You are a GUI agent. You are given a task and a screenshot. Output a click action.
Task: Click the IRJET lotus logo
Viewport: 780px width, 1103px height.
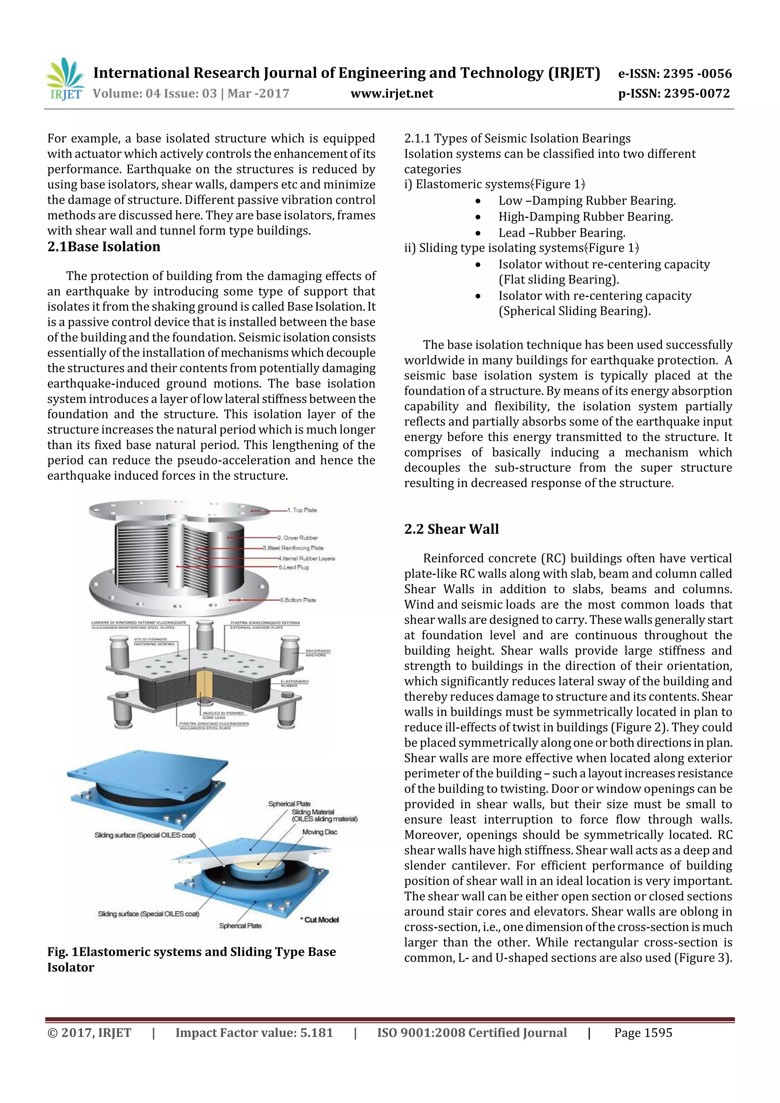click(64, 77)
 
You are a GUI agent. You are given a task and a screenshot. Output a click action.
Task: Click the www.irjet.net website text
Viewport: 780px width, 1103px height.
click(392, 94)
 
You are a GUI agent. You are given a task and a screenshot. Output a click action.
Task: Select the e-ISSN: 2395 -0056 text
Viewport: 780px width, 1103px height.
click(674, 73)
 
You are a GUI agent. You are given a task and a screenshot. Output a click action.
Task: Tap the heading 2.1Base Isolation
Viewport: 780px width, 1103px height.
click(104, 247)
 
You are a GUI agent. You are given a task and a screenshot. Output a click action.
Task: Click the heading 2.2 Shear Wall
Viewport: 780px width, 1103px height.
click(451, 529)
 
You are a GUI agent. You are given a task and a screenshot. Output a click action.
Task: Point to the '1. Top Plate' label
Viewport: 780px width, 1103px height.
click(302, 510)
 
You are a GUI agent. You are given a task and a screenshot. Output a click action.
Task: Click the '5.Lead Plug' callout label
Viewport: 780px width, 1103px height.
click(294, 567)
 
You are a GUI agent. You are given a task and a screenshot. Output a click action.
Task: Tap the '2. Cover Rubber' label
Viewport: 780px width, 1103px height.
click(297, 538)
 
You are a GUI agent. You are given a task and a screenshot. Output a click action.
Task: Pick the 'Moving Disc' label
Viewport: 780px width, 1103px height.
click(320, 832)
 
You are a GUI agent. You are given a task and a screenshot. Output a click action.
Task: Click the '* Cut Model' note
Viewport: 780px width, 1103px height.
click(320, 920)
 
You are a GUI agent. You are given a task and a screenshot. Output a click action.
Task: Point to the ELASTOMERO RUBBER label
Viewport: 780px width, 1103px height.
click(295, 683)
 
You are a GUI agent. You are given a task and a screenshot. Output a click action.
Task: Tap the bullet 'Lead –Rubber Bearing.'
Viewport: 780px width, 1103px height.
click(561, 233)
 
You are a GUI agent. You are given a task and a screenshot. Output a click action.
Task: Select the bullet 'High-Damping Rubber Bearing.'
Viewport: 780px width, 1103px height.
click(585, 217)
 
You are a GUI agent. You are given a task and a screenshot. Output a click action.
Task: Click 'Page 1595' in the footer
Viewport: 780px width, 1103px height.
click(643, 1033)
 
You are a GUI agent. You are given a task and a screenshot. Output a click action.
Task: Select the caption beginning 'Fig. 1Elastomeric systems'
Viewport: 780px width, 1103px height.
click(191, 959)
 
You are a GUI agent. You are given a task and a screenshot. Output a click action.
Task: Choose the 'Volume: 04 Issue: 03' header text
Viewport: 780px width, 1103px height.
click(155, 94)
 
